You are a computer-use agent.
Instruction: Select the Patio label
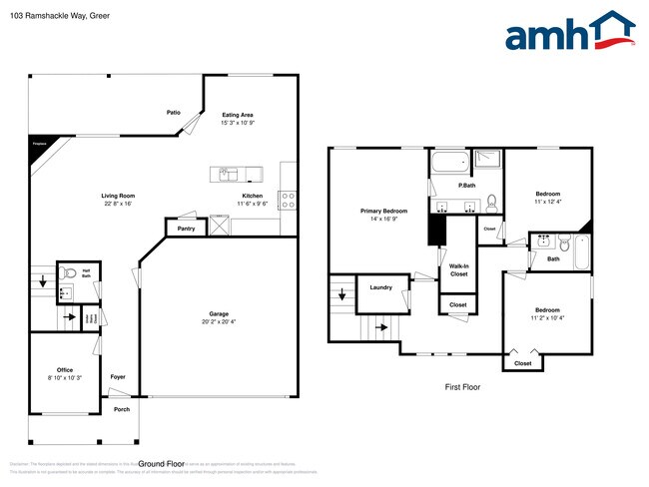click(x=173, y=113)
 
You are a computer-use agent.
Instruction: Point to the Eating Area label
click(x=238, y=115)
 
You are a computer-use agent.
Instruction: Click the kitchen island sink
click(x=228, y=173)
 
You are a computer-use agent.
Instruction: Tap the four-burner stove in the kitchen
click(x=288, y=199)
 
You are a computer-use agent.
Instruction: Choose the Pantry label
click(x=186, y=229)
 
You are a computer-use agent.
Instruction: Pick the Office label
click(x=65, y=369)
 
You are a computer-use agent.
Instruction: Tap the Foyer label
click(x=118, y=376)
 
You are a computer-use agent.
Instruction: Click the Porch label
click(x=121, y=409)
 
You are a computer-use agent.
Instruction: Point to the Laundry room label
click(x=379, y=287)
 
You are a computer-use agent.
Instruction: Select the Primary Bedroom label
click(x=383, y=211)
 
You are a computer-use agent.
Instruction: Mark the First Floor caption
click(x=462, y=386)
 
